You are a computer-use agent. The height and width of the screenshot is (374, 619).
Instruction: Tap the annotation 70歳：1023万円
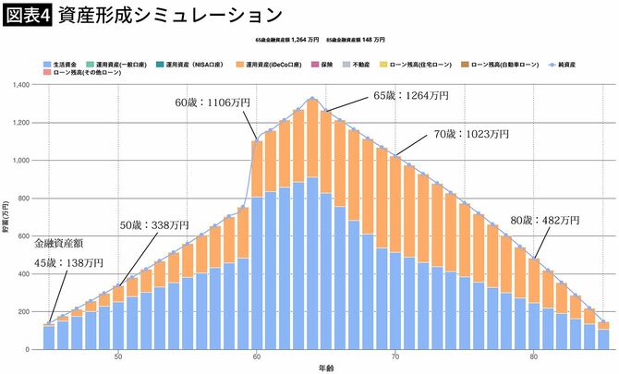(471, 133)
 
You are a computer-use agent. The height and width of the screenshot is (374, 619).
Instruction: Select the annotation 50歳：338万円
(155, 224)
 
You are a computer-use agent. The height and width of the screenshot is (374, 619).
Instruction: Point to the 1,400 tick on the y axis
(21, 84)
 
